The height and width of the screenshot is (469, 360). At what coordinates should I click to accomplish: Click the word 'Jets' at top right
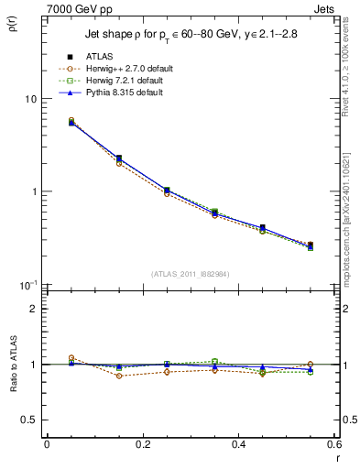click(x=323, y=8)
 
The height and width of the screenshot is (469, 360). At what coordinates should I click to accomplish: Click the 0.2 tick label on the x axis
click(x=142, y=445)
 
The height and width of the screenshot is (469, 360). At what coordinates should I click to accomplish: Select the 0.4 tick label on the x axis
click(x=238, y=445)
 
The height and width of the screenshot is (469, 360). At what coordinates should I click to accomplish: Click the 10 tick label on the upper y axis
click(x=30, y=99)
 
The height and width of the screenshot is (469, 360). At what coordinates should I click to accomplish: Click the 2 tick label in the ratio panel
click(x=35, y=309)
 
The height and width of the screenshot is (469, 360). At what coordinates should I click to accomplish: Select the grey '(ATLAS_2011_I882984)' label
click(x=189, y=274)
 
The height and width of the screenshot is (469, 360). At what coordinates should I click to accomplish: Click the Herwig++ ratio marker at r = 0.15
click(x=119, y=376)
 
